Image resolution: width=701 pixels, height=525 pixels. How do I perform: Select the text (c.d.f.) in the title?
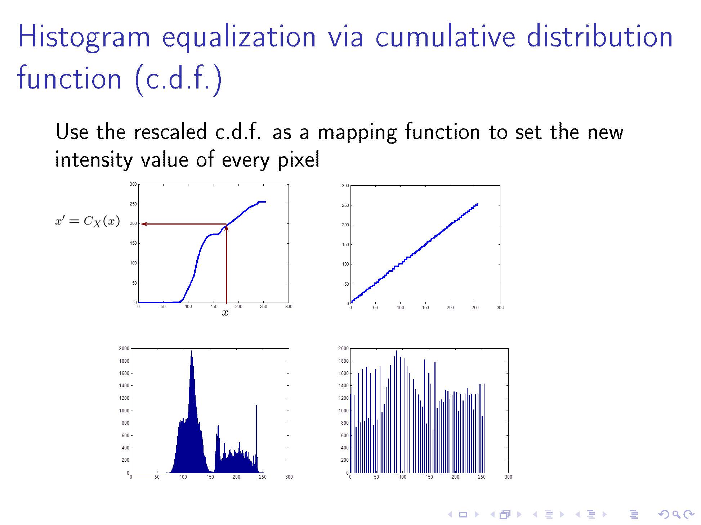pos(178,79)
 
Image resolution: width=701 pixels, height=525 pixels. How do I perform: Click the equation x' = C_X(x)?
pos(88,221)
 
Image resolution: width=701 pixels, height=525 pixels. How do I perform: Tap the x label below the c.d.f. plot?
pos(225,313)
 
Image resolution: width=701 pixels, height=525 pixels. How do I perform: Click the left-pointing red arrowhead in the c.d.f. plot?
pos(144,224)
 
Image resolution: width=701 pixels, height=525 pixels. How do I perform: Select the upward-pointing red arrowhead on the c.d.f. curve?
pos(226,228)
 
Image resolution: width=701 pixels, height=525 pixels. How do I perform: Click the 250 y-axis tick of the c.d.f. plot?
pos(133,204)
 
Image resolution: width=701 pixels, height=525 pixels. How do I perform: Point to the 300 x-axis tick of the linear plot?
pos(500,308)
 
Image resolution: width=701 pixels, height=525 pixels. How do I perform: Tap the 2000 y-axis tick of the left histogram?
pos(124,348)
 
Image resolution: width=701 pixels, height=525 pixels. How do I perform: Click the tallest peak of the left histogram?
pos(191,351)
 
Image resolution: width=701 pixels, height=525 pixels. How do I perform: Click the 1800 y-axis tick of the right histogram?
pos(343,361)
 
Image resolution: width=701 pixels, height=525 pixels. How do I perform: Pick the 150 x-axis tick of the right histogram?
pos(429,477)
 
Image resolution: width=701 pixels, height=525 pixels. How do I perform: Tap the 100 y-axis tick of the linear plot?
pos(345,264)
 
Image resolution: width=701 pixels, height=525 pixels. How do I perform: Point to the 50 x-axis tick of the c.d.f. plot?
pos(163,307)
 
